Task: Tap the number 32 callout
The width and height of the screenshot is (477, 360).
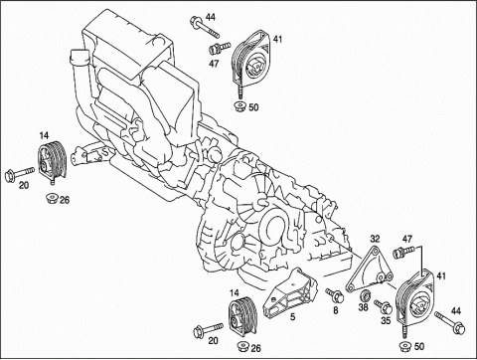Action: pos(375,239)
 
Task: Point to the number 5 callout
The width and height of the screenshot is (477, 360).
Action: pos(292,317)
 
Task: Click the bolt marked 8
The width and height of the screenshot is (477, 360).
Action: pos(335,294)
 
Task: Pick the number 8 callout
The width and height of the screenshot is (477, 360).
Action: pos(336,310)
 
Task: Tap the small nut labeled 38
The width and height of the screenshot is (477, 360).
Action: pos(366,294)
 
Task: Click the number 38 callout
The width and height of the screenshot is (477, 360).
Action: pos(364,307)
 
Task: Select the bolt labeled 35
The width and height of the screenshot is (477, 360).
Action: pos(384,306)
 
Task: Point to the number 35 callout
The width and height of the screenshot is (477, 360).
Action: pos(386,320)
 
